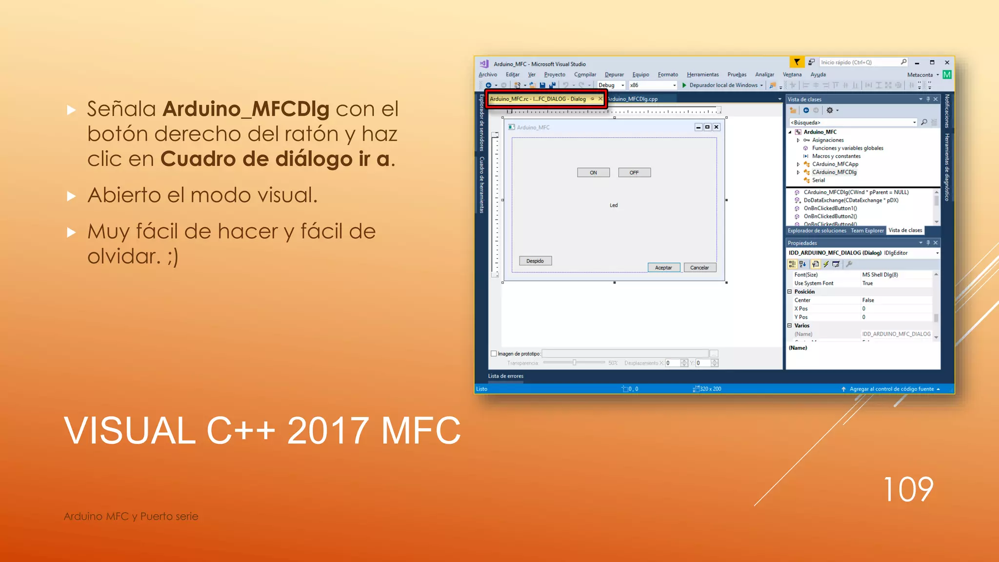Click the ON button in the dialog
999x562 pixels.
[593, 173]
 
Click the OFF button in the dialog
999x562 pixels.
[634, 173]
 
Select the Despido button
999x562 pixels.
[535, 261]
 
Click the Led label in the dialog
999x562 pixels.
[614, 205]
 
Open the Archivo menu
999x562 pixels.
[488, 75]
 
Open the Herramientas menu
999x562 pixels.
[702, 75]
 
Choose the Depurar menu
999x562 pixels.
[614, 75]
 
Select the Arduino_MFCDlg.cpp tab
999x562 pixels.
[633, 99]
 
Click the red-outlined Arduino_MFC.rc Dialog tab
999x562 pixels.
[538, 99]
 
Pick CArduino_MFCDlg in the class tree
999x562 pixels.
[834, 172]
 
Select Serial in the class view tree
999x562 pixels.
[819, 181]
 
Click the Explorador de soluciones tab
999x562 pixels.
[817, 231]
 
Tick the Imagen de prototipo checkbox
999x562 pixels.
[494, 354]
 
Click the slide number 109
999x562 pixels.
[908, 489]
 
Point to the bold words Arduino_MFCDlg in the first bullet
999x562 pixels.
[246, 109]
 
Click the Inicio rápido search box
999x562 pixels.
[859, 62]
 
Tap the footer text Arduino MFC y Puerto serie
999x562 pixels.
[131, 516]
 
